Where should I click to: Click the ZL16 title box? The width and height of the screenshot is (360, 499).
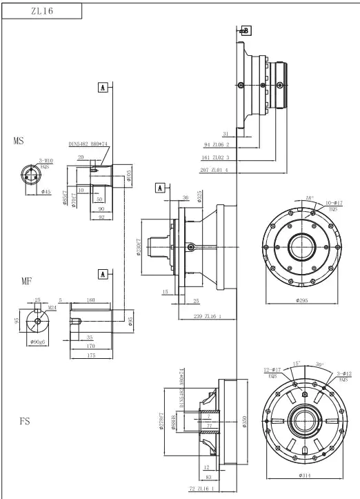point(42,11)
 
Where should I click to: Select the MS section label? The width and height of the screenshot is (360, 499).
point(19,141)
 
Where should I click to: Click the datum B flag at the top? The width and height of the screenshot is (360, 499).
point(246,30)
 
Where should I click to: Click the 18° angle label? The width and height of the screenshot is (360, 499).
point(310,197)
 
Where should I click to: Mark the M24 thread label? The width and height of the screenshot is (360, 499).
point(52,308)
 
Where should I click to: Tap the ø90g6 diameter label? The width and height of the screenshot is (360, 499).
point(38,342)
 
